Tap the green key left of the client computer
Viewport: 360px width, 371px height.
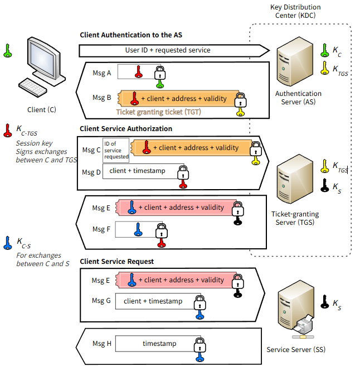click(7, 51)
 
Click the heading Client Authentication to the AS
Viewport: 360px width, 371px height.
click(130, 35)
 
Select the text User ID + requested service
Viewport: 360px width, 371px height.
click(167, 50)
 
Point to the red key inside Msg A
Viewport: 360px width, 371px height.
click(139, 72)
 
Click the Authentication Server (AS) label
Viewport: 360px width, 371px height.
click(298, 98)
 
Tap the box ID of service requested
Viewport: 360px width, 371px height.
click(116, 150)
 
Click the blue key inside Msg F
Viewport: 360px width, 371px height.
click(138, 229)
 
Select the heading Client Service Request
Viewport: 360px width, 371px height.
click(116, 261)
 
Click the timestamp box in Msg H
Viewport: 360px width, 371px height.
click(155, 344)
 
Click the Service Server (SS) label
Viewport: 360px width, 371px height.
click(295, 350)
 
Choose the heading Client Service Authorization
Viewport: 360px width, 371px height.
click(125, 128)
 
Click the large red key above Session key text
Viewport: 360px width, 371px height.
click(7, 130)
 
